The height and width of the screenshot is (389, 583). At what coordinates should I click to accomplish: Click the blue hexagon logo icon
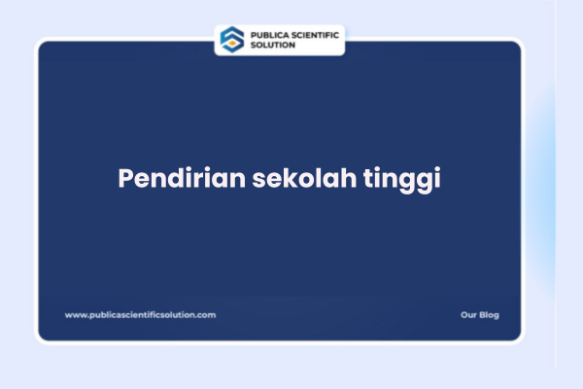coord(232,39)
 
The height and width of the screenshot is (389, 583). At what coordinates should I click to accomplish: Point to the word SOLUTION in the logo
coord(273,45)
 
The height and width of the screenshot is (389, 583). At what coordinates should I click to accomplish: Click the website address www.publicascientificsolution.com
coord(140,315)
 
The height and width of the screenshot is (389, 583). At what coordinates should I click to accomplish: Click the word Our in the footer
coord(468,315)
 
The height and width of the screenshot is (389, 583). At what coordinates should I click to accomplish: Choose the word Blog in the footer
coord(490,315)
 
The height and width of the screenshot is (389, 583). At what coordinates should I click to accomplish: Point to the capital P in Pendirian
coord(126,180)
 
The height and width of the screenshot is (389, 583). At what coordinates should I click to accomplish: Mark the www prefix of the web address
coord(74,315)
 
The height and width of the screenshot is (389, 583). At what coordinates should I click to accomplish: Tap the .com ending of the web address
coord(207,315)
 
